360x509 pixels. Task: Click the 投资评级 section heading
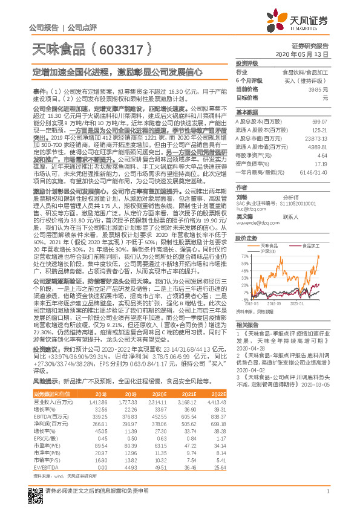point(247,62)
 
